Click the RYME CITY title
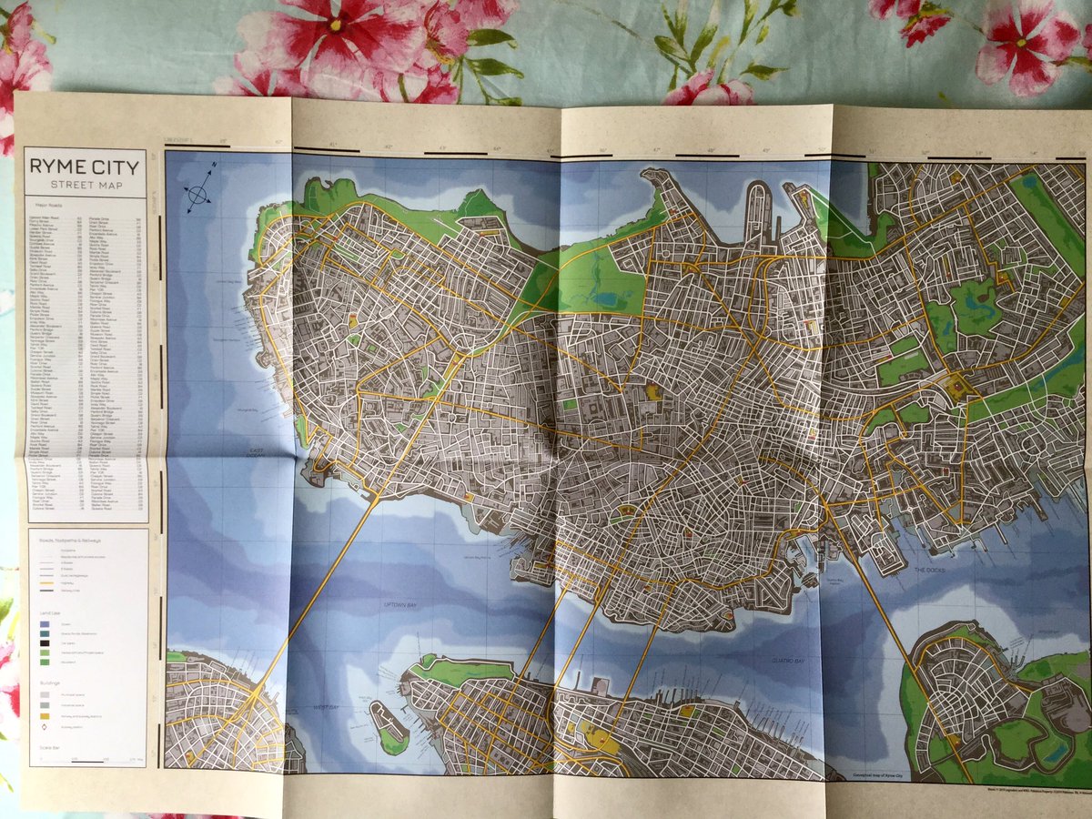(x=84, y=167)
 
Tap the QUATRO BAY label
(x=787, y=660)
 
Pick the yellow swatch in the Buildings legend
(x=44, y=715)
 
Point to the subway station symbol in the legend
(x=44, y=726)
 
